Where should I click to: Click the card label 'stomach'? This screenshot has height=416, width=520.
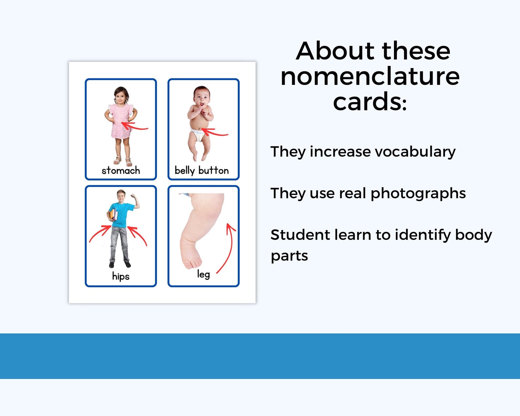click(121, 170)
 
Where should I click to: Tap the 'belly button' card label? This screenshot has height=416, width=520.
click(201, 170)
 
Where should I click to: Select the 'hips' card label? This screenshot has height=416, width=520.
click(121, 276)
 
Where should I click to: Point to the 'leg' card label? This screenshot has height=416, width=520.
click(203, 274)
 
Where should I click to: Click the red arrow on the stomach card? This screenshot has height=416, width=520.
click(135, 126)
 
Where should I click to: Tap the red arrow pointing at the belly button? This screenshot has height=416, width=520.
click(215, 132)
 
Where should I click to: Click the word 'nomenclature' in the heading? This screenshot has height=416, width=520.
click(370, 77)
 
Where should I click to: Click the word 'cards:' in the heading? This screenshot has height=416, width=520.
click(370, 102)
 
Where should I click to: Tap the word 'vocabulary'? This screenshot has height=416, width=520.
click(415, 152)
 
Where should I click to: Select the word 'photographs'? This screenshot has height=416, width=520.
click(418, 193)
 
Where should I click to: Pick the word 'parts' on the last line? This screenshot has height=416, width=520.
click(289, 256)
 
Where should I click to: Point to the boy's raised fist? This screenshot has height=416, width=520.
click(133, 196)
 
